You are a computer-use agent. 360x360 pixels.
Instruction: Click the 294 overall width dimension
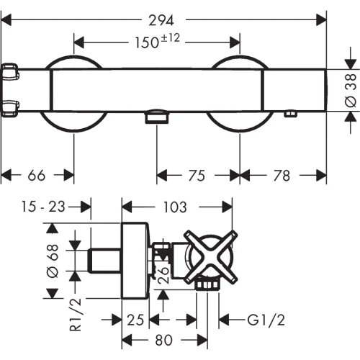(161, 20)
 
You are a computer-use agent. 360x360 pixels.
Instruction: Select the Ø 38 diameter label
(351, 90)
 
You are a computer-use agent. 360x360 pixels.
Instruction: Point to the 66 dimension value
(37, 175)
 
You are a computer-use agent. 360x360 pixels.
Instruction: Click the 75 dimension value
(197, 176)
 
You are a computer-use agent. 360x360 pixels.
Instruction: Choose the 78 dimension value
(282, 176)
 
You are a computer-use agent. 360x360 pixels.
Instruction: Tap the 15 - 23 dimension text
(43, 207)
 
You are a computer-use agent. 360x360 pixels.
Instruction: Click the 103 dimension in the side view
(175, 207)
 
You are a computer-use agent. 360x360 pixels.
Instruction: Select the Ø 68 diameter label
(53, 261)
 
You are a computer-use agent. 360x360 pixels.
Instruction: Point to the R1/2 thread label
(76, 315)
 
